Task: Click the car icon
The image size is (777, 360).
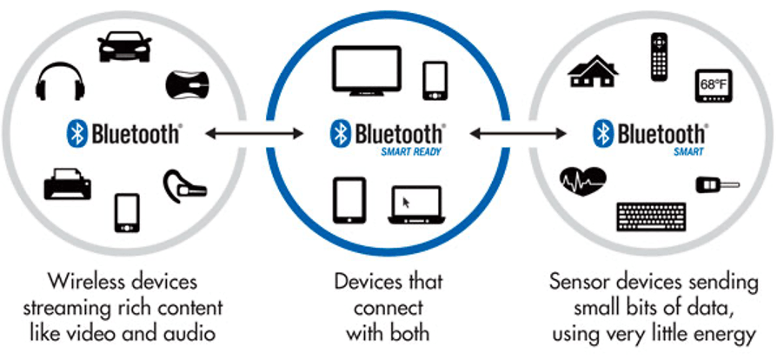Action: [124, 47]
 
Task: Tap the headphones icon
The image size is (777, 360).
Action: [60, 81]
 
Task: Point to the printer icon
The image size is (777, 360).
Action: [68, 183]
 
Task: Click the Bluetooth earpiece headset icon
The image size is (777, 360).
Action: [184, 187]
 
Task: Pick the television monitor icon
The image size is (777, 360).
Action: [367, 70]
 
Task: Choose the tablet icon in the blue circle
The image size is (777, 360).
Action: [349, 200]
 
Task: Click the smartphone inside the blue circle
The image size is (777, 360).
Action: [435, 80]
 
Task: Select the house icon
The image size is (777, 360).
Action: [593, 71]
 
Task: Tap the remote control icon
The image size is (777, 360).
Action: [659, 57]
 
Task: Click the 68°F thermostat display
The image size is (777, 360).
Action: [714, 86]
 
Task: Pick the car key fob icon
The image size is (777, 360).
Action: [717, 185]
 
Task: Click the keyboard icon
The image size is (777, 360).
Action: [651, 217]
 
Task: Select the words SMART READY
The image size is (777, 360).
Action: [411, 152]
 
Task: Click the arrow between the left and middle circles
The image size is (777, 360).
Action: [254, 133]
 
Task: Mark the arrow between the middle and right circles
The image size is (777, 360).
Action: [518, 133]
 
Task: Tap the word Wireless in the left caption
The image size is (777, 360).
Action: [88, 282]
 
